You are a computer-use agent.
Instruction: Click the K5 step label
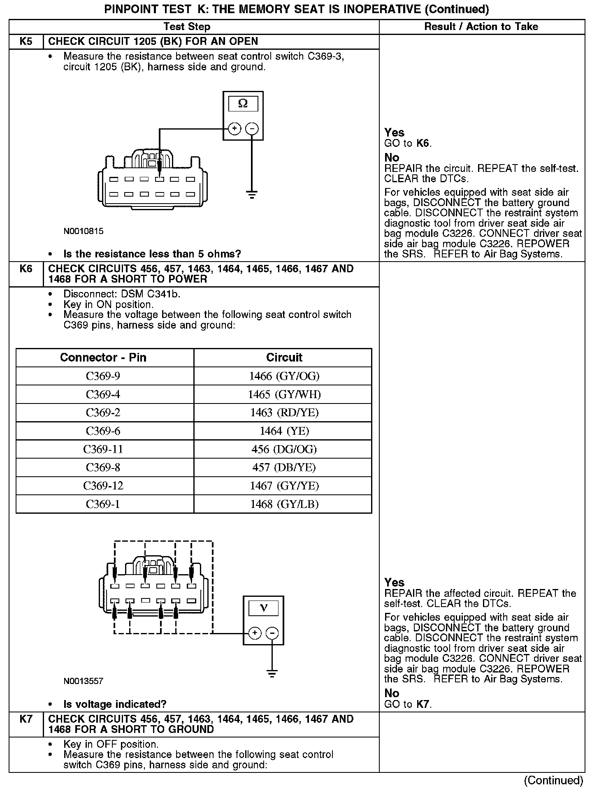(x=26, y=42)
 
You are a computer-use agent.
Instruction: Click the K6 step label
(x=26, y=269)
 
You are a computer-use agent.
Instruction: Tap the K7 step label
(x=26, y=719)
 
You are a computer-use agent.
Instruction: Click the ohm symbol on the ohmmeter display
(x=243, y=104)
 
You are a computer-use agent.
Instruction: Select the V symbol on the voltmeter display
(x=264, y=608)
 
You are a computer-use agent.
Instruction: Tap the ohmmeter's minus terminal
(x=252, y=129)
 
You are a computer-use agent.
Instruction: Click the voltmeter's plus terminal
(x=255, y=633)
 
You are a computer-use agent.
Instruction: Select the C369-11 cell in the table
(x=103, y=449)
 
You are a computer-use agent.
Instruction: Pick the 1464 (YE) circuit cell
(x=284, y=431)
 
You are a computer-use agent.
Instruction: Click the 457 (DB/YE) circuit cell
(x=284, y=467)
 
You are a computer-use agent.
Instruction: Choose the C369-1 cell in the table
(x=103, y=504)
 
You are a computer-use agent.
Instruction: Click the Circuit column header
(x=284, y=357)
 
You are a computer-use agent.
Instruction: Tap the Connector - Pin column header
(x=103, y=357)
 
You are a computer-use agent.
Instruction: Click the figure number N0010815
(x=84, y=231)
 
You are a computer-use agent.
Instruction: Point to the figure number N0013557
(x=84, y=681)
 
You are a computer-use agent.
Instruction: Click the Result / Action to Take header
(x=481, y=27)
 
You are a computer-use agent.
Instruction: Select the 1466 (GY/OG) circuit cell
(x=284, y=376)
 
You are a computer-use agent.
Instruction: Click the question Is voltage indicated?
(x=115, y=704)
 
